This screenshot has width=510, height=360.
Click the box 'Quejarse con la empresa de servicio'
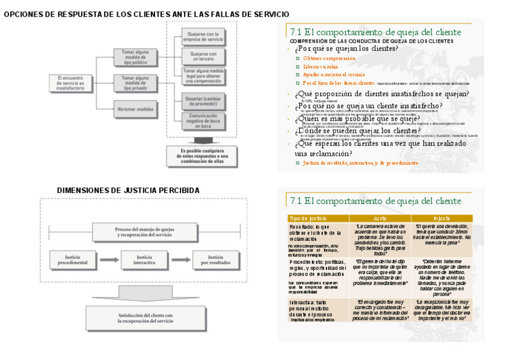click(204, 37)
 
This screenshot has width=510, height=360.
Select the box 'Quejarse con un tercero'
click(204, 56)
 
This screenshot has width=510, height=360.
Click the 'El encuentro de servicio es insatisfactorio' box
click(70, 83)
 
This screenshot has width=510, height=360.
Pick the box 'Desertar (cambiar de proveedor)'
click(204, 102)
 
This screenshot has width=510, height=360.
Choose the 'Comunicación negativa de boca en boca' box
click(204, 121)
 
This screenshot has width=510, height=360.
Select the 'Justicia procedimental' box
click(73, 260)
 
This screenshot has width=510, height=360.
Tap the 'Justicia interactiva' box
click(144, 260)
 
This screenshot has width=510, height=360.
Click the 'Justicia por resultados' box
click(215, 260)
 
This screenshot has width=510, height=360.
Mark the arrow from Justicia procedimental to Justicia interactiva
click(108, 260)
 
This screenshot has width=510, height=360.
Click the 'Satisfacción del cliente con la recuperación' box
click(145, 318)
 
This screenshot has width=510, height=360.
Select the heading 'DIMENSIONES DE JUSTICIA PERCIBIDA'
click(128, 191)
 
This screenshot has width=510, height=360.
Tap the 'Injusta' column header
click(441, 218)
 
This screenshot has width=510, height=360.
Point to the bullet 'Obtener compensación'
click(329, 58)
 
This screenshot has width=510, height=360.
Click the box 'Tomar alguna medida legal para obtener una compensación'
click(204, 76)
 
